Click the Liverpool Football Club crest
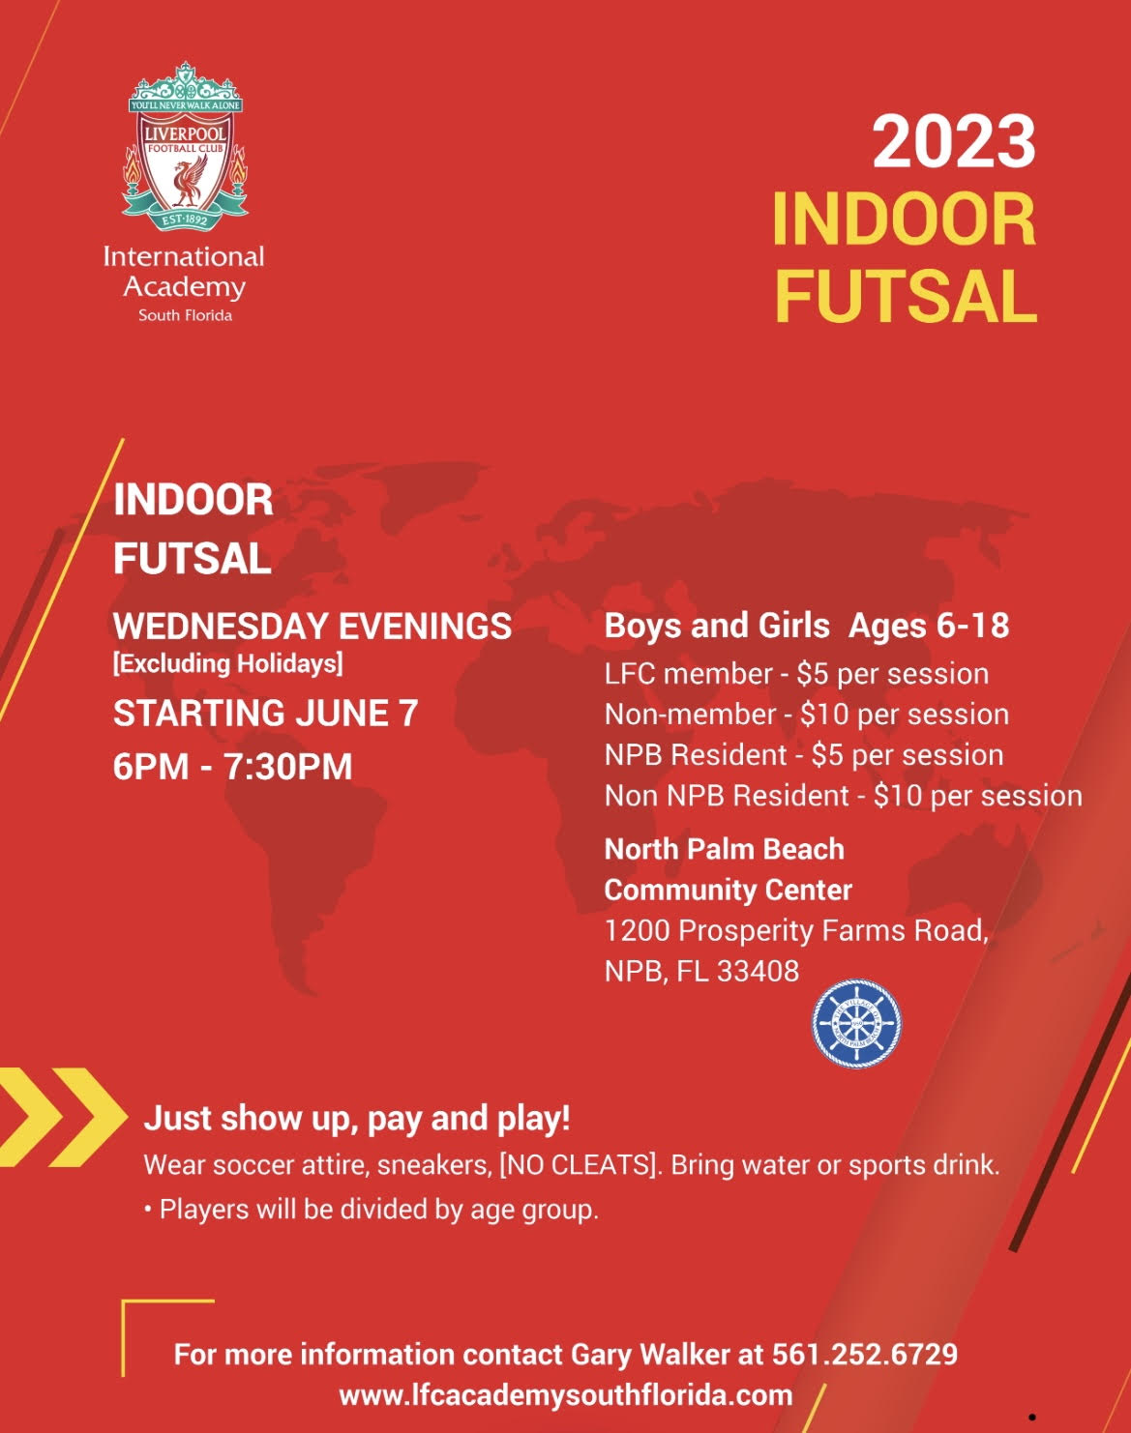[185, 147]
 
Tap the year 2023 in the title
[954, 142]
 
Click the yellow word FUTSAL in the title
[906, 296]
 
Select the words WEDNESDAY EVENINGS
[312, 627]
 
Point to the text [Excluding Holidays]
[228, 664]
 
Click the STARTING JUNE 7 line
[265, 714]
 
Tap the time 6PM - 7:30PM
[232, 767]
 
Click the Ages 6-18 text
[929, 626]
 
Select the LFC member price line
[796, 674]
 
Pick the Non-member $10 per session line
[807, 715]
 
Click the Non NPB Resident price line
[843, 796]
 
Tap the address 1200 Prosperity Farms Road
[796, 931]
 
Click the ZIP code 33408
[758, 972]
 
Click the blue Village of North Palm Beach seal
[856, 1023]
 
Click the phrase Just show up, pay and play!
[357, 1119]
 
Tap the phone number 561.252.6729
[864, 1355]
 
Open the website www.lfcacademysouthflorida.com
[566, 1395]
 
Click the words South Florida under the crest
[185, 315]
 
